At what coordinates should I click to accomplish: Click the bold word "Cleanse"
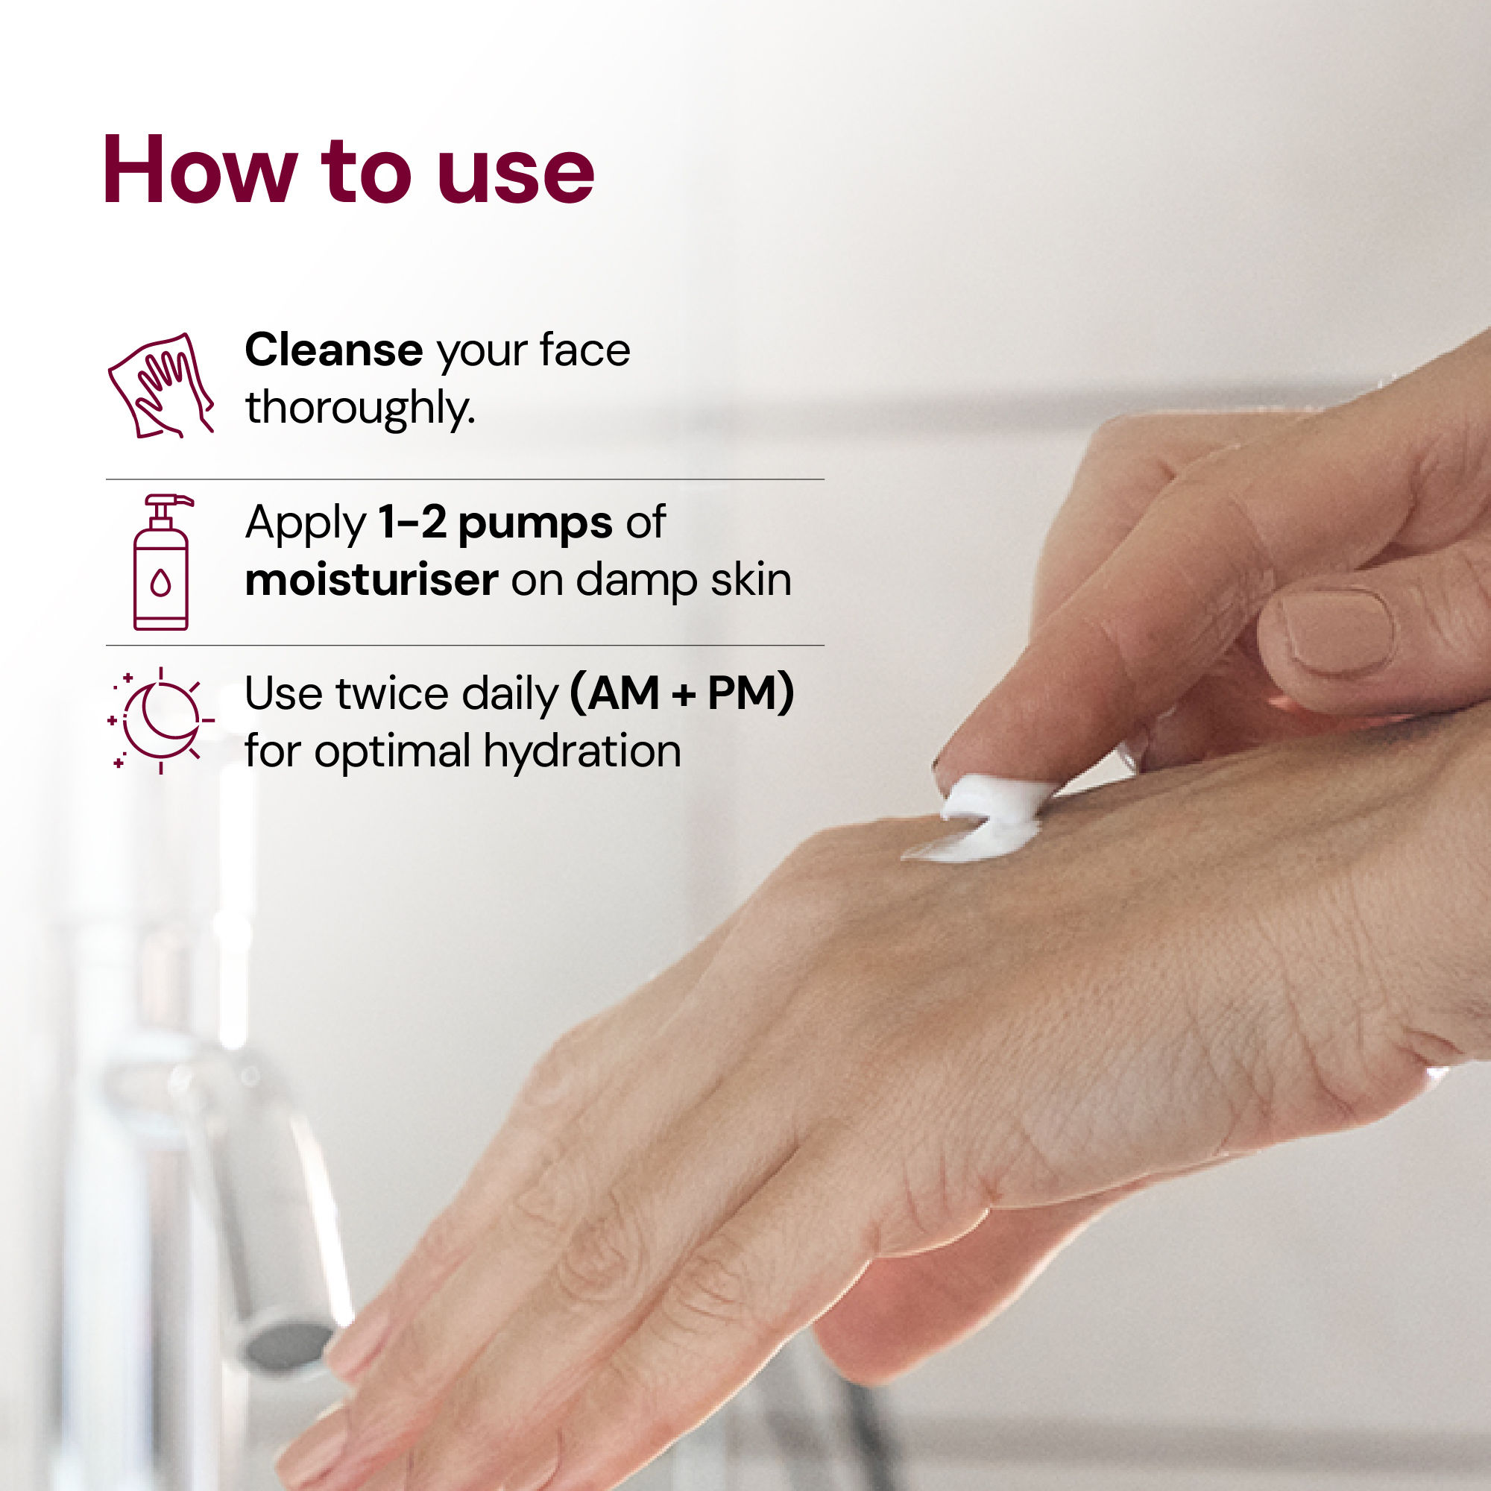pos(333,350)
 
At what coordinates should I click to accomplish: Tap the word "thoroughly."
pos(359,408)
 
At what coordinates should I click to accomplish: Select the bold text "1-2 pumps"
pos(495,524)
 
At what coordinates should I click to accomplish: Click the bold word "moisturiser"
pos(371,579)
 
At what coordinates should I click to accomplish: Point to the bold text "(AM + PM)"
pos(681,693)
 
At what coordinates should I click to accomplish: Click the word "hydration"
pos(582,751)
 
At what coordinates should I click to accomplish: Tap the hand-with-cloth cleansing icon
pos(160,386)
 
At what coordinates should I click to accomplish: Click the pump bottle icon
pos(160,563)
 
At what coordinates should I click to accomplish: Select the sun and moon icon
pos(160,720)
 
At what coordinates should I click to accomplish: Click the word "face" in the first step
pos(584,350)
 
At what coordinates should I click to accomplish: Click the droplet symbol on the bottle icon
pos(160,583)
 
